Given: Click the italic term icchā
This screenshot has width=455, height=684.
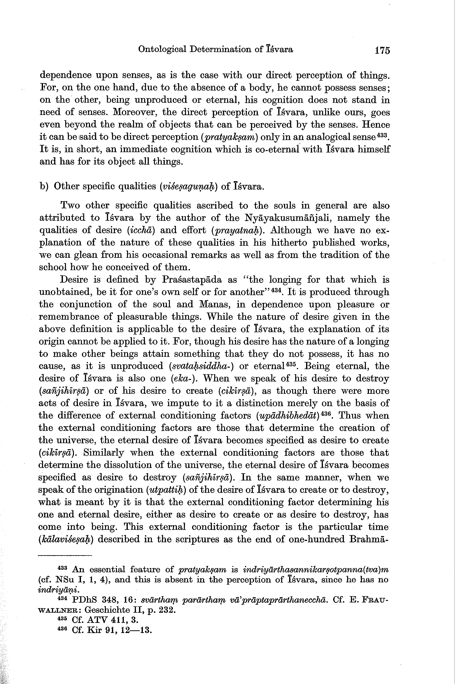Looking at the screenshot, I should pos(141,230).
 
